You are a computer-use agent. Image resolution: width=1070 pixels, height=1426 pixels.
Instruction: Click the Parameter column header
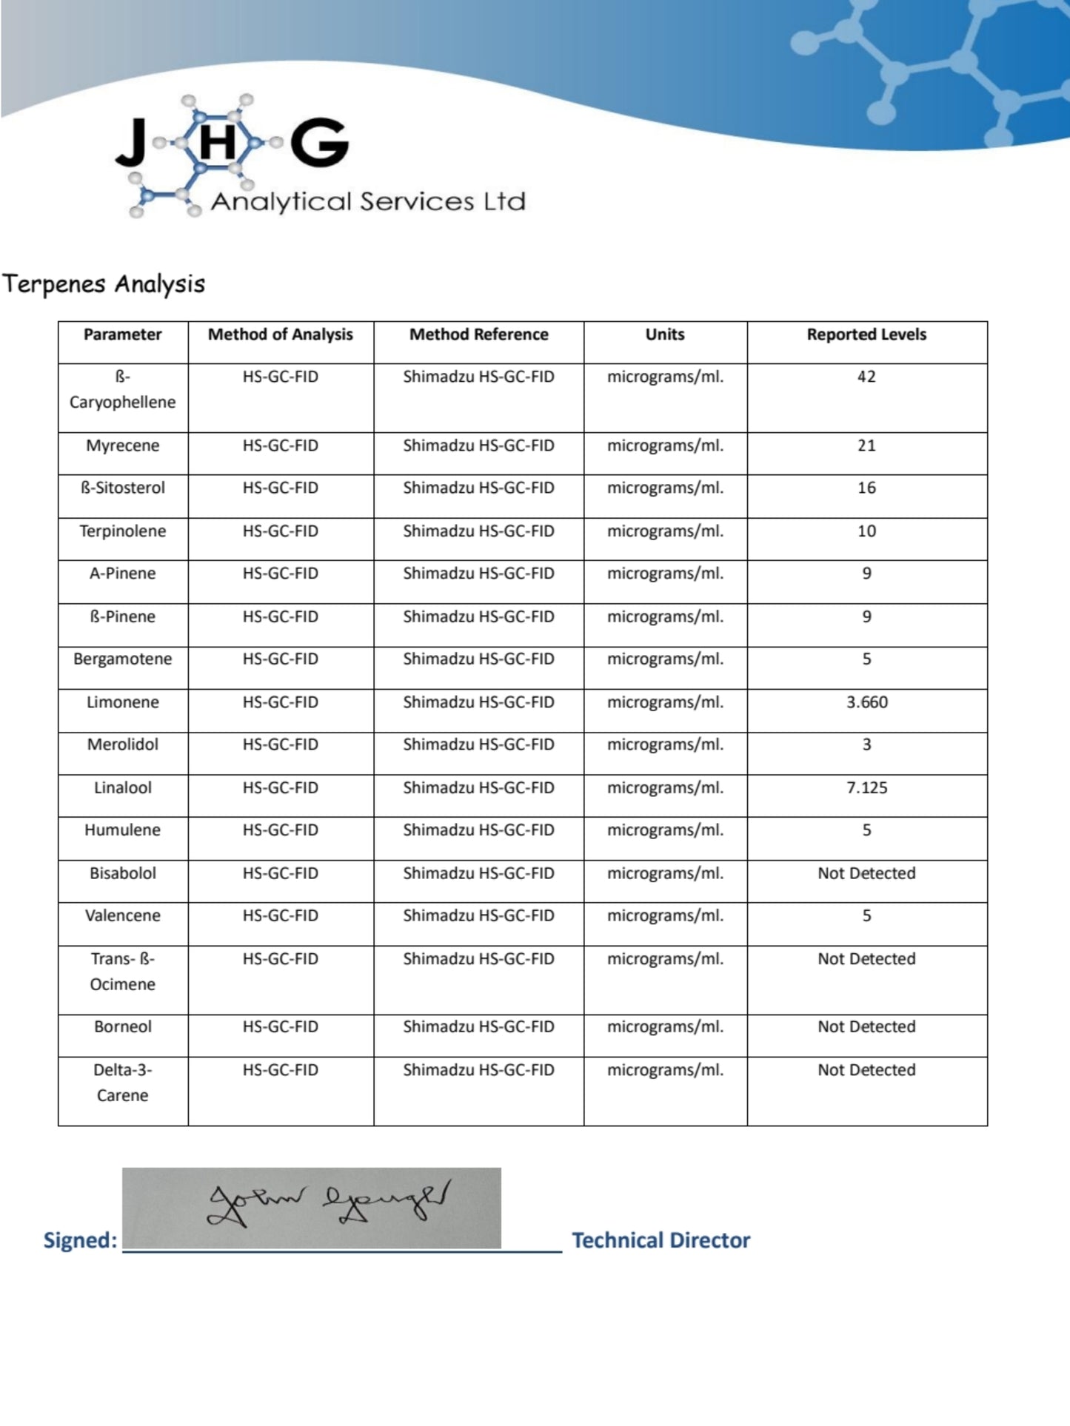[122, 334]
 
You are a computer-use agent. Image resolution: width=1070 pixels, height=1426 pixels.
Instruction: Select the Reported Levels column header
[866, 334]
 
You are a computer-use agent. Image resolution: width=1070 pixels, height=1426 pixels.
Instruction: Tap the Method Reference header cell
[478, 334]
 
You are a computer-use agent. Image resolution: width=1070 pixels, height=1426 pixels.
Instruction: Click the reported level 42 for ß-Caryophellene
[866, 377]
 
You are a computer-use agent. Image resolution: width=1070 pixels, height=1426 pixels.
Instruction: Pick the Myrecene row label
[122, 445]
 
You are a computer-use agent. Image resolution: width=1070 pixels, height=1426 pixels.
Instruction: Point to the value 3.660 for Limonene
[866, 702]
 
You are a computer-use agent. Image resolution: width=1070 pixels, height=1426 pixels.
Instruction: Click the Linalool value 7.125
[866, 787]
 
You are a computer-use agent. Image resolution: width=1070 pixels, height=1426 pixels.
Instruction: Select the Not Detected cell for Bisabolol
[866, 873]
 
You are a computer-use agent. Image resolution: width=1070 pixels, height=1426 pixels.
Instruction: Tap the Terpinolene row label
[122, 531]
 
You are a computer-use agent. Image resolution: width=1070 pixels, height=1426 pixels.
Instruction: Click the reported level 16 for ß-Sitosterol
[866, 488]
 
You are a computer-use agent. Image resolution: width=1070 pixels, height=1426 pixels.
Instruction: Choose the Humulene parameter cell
[122, 830]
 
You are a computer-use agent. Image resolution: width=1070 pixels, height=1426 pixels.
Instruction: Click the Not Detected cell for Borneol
[866, 1026]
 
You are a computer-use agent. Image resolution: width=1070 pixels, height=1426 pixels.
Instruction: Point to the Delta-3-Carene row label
[122, 1083]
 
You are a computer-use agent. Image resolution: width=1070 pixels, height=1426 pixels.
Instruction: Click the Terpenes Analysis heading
[104, 284]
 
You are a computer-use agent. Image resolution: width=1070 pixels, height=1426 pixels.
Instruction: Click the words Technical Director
[661, 1240]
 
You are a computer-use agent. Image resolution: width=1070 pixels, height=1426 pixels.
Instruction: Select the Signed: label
[80, 1240]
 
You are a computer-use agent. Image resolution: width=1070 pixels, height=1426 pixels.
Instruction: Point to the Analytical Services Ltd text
[368, 201]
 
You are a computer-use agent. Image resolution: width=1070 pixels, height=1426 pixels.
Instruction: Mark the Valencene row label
[122, 915]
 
